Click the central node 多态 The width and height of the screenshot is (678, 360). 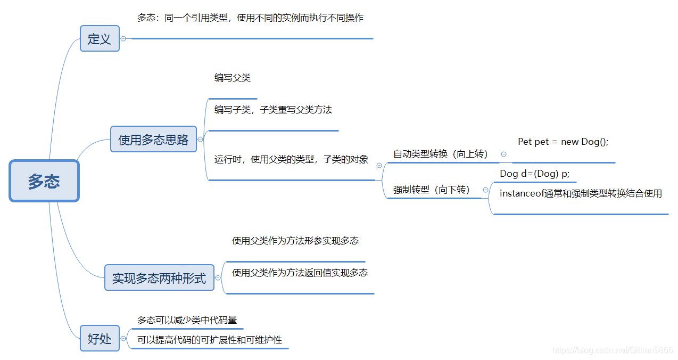click(44, 181)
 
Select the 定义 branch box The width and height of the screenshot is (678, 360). click(100, 38)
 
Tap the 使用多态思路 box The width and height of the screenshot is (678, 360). click(153, 140)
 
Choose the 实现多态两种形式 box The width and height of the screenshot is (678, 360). click(159, 277)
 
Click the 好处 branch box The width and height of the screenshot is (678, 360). click(100, 338)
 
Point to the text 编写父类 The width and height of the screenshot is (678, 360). click(233, 78)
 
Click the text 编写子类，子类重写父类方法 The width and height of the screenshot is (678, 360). click(273, 110)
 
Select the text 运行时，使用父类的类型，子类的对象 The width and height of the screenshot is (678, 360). click(291, 159)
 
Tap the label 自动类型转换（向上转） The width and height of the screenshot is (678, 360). click(440, 154)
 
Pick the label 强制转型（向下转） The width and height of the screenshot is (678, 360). click(432, 190)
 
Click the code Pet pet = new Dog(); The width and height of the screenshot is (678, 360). click(563, 142)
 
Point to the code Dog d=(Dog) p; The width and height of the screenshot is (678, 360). click(534, 174)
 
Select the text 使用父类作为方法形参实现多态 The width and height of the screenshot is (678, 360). click(295, 241)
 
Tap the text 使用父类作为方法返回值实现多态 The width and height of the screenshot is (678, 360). click(300, 273)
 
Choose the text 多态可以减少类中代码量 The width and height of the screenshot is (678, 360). click(187, 320)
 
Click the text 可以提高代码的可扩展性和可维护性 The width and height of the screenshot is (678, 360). click(210, 340)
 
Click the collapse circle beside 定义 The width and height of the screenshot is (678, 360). click(123, 38)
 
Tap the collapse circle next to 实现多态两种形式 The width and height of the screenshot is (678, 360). click(218, 277)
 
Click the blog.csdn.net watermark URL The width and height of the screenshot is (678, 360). click(613, 350)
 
